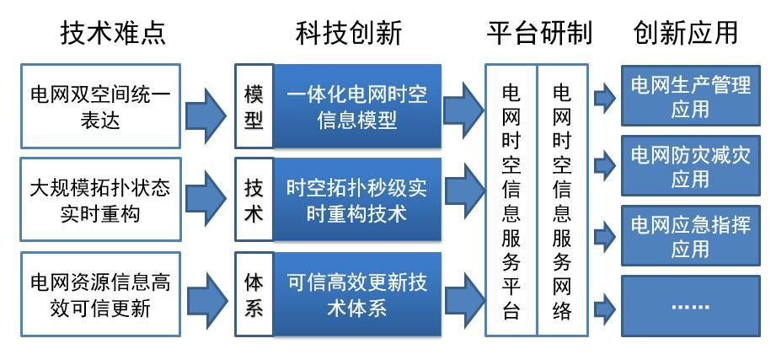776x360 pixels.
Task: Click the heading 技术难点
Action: [113, 34]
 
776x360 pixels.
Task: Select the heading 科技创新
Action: [349, 34]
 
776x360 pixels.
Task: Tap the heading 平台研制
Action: [539, 34]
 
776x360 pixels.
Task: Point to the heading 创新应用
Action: [686, 34]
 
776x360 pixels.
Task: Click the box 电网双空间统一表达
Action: [101, 106]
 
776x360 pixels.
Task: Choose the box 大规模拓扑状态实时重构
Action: [101, 199]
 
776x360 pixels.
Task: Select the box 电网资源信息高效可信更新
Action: [101, 293]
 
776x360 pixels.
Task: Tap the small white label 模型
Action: [254, 106]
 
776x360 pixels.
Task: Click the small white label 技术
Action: [254, 199]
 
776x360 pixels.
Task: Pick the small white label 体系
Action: [254, 293]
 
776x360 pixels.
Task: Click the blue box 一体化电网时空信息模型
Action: [356, 106]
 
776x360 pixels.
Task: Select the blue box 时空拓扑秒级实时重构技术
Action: [356, 199]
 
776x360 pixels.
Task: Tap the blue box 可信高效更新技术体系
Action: [356, 293]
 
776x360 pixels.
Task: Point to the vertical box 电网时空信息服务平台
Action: [511, 200]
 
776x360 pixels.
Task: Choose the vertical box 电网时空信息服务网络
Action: [562, 200]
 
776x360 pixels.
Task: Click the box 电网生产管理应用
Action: [690, 95]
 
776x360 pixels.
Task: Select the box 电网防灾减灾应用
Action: [690, 165]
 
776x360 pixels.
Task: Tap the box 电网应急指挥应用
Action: [690, 236]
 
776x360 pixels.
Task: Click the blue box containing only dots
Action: [690, 306]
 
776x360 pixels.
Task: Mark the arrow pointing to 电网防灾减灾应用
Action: [604, 167]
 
